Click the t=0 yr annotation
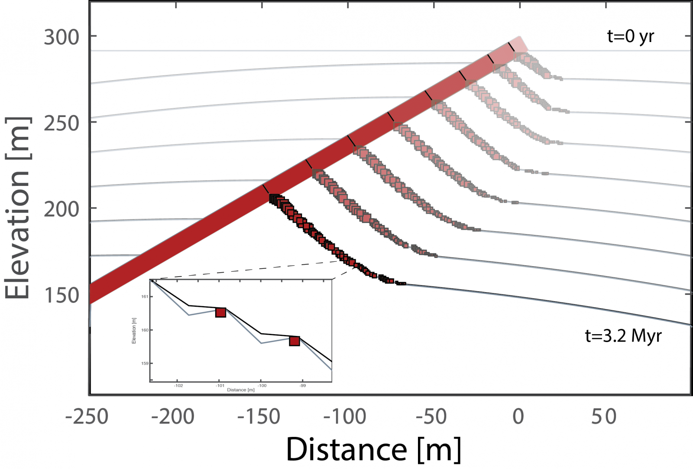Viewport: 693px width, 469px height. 630,36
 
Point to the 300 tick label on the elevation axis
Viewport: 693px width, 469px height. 62,37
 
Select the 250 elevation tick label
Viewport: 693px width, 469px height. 62,124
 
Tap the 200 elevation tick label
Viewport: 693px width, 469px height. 62,209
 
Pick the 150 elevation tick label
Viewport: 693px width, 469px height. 62,296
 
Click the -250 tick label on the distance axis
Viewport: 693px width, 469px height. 87,417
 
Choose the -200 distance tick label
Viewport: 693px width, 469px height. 172,417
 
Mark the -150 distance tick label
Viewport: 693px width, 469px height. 259,417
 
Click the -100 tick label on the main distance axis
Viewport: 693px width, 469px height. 345,417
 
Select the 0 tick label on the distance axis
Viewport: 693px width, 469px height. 518,417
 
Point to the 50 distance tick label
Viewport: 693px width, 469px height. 604,417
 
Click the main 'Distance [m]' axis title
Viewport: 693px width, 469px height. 373,449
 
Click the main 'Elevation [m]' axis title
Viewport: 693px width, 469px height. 17,208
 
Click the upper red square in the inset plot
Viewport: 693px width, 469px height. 220,312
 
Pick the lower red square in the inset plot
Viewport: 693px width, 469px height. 295,341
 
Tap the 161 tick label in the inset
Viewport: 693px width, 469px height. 145,297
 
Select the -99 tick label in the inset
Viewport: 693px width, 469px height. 302,385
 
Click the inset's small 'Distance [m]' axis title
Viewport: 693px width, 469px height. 240,390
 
